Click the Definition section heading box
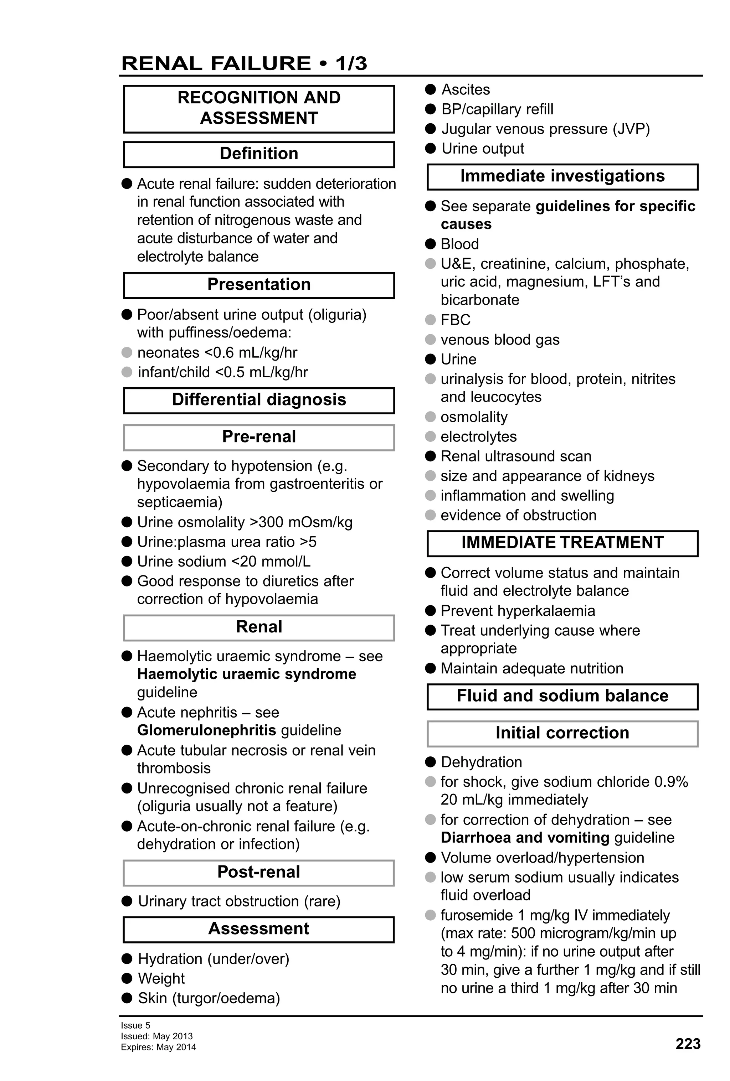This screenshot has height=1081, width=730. pos(259,154)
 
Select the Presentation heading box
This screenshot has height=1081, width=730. pos(259,285)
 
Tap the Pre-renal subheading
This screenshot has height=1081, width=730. pos(259,437)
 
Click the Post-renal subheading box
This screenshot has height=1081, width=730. pos(259,872)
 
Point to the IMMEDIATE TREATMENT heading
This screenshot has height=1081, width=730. pos(562,543)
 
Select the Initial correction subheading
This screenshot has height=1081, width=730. pos(562,733)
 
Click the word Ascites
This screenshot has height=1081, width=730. pos(465,89)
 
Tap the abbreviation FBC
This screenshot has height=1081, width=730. pos(455,320)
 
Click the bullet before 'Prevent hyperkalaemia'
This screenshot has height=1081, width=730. pos(430,611)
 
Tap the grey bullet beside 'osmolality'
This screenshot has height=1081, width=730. pos(430,417)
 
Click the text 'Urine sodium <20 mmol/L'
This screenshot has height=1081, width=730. pos(223,562)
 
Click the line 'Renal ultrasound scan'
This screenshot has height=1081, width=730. pos(515,456)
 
